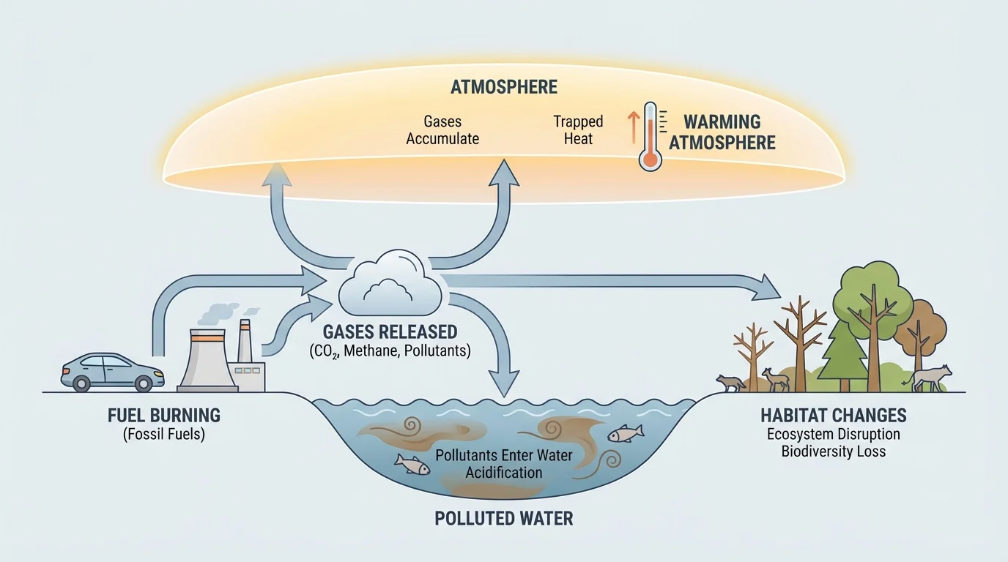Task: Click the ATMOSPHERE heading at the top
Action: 504,88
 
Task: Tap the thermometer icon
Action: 649,138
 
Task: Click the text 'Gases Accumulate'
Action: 442,130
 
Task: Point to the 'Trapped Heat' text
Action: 578,130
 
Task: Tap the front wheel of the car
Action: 144,382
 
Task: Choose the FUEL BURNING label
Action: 163,416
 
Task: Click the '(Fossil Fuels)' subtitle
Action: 163,435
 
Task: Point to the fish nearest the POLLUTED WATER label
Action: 412,463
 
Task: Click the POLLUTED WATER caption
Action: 504,519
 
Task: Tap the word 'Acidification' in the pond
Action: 504,472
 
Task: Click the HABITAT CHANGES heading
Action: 833,416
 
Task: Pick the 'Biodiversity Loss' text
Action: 833,452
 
